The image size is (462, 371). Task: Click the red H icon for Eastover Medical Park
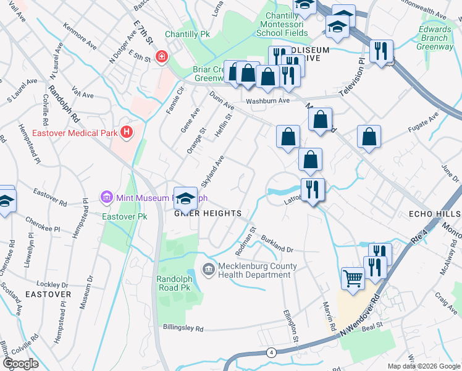[127, 132]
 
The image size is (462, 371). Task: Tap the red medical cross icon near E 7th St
[162, 58]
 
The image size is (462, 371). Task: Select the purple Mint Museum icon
[106, 198]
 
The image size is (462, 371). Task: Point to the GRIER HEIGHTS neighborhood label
[207, 213]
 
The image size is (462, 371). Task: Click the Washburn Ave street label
[267, 101]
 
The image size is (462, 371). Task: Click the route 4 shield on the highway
[271, 352]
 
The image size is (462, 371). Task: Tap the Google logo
[21, 363]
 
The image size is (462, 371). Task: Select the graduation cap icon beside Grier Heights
[185, 198]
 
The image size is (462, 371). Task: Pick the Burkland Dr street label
[275, 245]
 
